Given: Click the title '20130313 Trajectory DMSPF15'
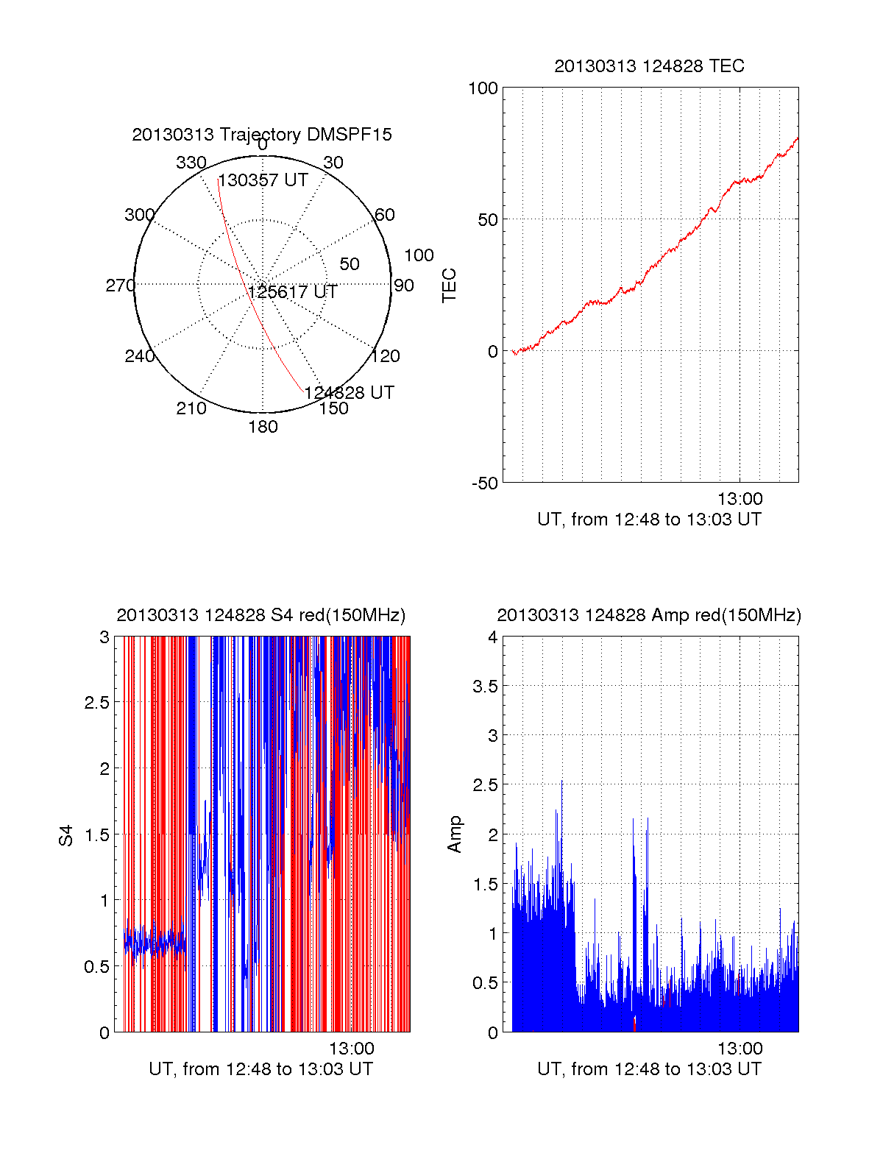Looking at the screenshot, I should click(x=262, y=135).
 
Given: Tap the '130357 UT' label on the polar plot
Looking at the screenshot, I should click(x=263, y=180).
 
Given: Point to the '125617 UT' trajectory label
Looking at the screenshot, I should click(x=292, y=292).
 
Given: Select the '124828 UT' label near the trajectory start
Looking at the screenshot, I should click(x=349, y=393).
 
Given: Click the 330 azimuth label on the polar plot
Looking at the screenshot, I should click(x=191, y=163).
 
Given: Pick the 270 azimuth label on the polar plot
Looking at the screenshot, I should click(x=120, y=286).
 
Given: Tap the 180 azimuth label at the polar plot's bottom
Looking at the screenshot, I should click(x=263, y=427).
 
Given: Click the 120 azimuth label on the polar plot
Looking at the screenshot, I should click(x=386, y=356).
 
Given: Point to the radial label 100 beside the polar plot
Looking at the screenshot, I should click(x=419, y=255).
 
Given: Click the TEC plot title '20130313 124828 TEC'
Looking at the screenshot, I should click(x=649, y=66).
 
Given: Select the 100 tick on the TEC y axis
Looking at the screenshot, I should click(x=483, y=88).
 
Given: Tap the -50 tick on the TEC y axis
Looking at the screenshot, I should click(x=484, y=483).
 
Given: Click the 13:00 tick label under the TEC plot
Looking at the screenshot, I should click(x=740, y=499).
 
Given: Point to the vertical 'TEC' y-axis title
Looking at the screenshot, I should click(x=449, y=286).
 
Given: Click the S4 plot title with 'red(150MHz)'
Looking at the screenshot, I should click(x=261, y=615).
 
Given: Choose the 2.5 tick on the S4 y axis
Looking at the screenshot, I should click(x=96, y=703).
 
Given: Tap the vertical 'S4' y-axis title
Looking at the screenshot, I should click(x=66, y=836).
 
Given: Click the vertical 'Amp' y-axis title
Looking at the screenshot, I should click(x=455, y=834).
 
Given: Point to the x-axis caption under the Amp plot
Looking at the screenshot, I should click(x=649, y=1069).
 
